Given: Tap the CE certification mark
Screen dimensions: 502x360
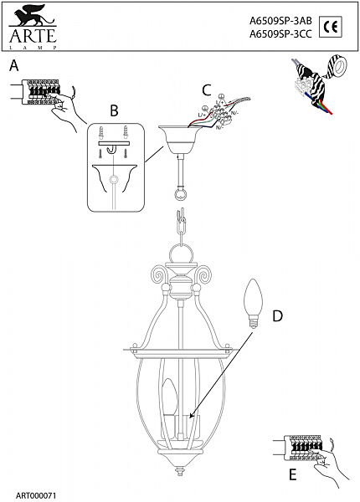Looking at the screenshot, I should tap(331, 28).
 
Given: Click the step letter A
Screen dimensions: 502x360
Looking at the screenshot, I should tap(13, 65).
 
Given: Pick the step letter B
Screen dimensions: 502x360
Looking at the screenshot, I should tap(115, 109).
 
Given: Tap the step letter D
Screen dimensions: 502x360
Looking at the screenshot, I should tap(277, 316).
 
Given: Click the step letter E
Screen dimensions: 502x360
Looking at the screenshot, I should tap(291, 474).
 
